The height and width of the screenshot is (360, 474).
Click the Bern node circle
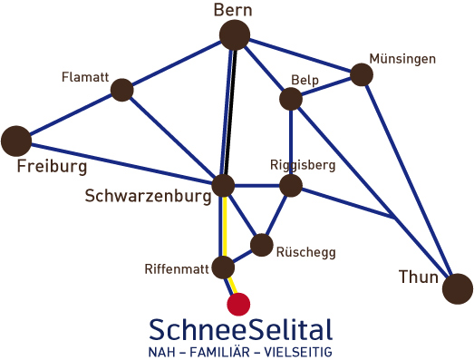(x=235, y=35)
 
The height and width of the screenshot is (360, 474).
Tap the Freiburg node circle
(x=15, y=141)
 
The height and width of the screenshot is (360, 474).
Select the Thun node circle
(x=458, y=287)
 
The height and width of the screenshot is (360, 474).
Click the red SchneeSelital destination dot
(x=238, y=303)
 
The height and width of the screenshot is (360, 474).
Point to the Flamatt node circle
(x=121, y=90)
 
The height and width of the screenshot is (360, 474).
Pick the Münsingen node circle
(x=362, y=74)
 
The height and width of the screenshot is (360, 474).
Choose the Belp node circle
(x=291, y=98)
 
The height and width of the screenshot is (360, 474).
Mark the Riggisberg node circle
(x=290, y=186)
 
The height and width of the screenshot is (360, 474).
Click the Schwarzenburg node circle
(x=223, y=186)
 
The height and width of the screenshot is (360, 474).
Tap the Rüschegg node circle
(x=262, y=245)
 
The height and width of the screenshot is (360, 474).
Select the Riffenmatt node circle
(x=223, y=268)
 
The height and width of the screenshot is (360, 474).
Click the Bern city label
(x=233, y=10)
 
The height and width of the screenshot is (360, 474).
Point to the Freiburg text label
(x=52, y=167)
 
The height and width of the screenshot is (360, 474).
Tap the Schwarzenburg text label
(x=147, y=195)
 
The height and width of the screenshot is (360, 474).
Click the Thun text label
(x=418, y=277)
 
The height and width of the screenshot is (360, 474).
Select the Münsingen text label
(x=402, y=59)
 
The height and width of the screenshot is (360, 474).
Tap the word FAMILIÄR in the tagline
(x=238, y=350)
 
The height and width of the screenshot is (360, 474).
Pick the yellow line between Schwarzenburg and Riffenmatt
(x=223, y=227)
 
